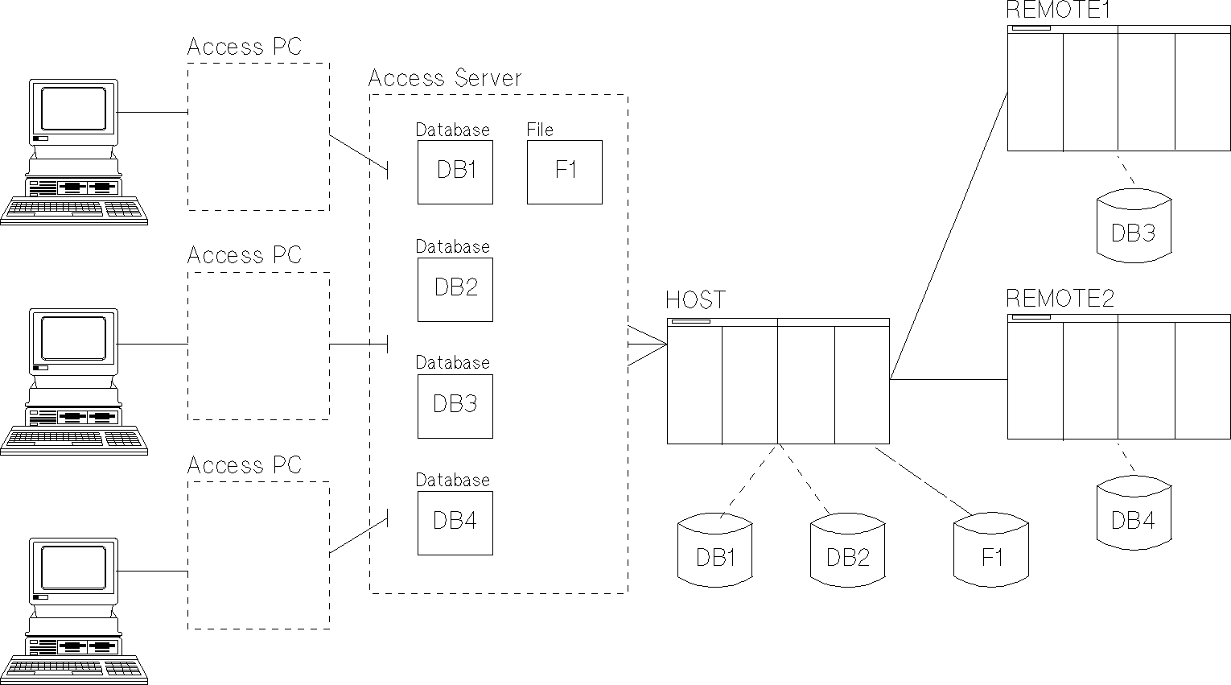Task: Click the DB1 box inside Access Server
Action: (x=455, y=171)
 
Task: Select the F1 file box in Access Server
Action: (x=565, y=171)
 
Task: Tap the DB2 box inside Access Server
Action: (x=455, y=289)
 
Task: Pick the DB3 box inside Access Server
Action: (x=455, y=406)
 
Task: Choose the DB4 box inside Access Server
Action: (x=455, y=522)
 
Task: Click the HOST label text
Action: (x=695, y=301)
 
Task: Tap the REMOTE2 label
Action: (x=1060, y=299)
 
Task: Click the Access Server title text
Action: (x=445, y=79)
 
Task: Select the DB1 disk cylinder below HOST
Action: (x=714, y=554)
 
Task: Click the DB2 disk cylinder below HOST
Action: (x=847, y=554)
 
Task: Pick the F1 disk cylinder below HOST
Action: (x=990, y=554)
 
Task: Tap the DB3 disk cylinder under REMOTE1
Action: (x=1133, y=231)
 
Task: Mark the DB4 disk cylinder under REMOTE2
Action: (x=1133, y=518)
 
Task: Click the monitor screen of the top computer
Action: (x=73, y=109)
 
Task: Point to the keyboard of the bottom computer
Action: (x=74, y=670)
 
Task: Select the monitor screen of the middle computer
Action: (x=73, y=338)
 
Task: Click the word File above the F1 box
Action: (x=540, y=130)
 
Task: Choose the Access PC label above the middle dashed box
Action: (x=244, y=256)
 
